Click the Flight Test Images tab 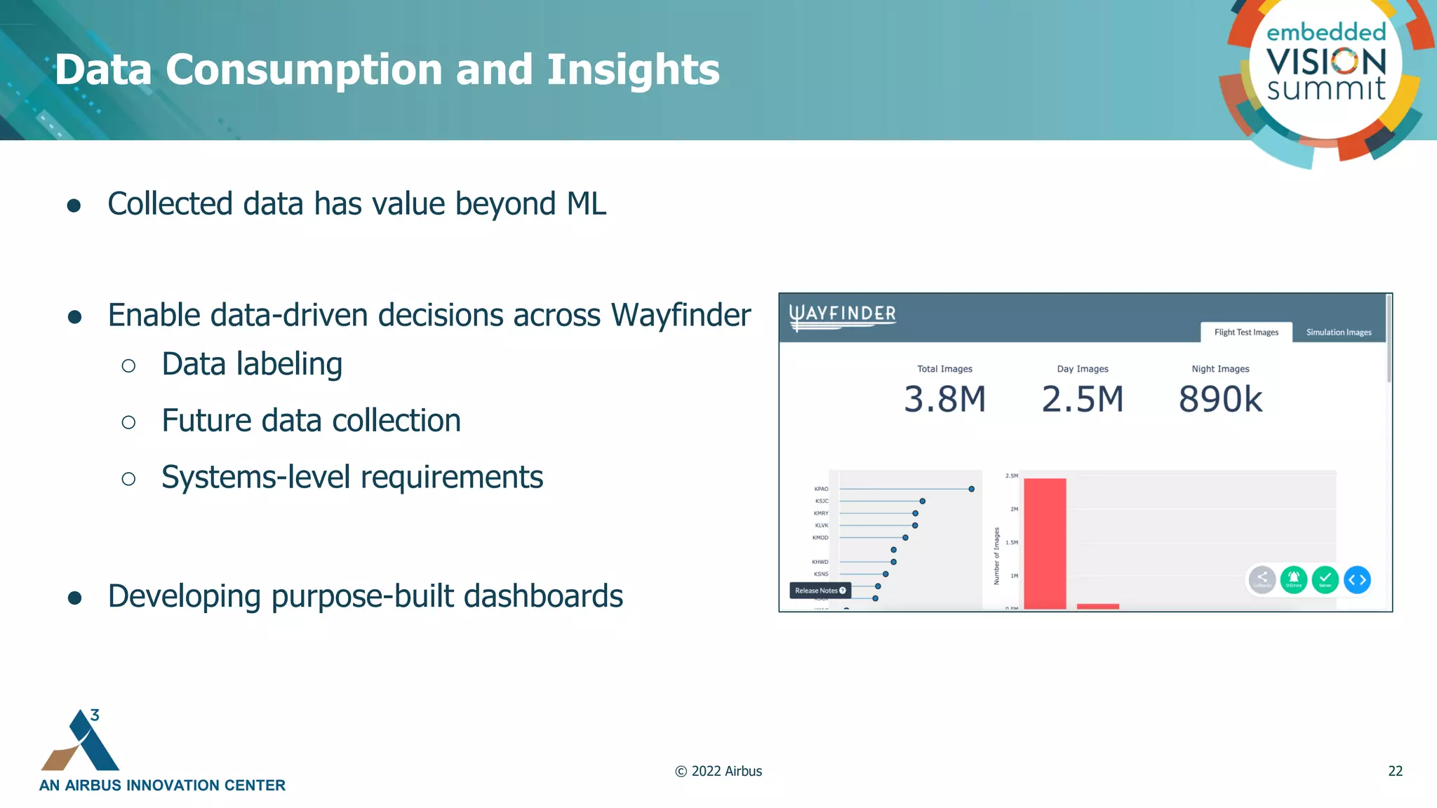1246,332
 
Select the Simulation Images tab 1338,332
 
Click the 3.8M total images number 944,399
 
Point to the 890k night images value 1220,399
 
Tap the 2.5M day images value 1082,399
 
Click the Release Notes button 820,591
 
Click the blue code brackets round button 1357,580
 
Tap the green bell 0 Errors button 1293,580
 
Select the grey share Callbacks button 1262,580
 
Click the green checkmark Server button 1325,580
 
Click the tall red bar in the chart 1044,544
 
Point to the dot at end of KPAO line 971,489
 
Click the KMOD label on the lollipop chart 820,538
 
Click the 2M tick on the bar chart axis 1014,509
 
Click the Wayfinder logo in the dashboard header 842,316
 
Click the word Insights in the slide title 633,69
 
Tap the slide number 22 1395,771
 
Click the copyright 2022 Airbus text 718,771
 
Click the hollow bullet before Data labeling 128,365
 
